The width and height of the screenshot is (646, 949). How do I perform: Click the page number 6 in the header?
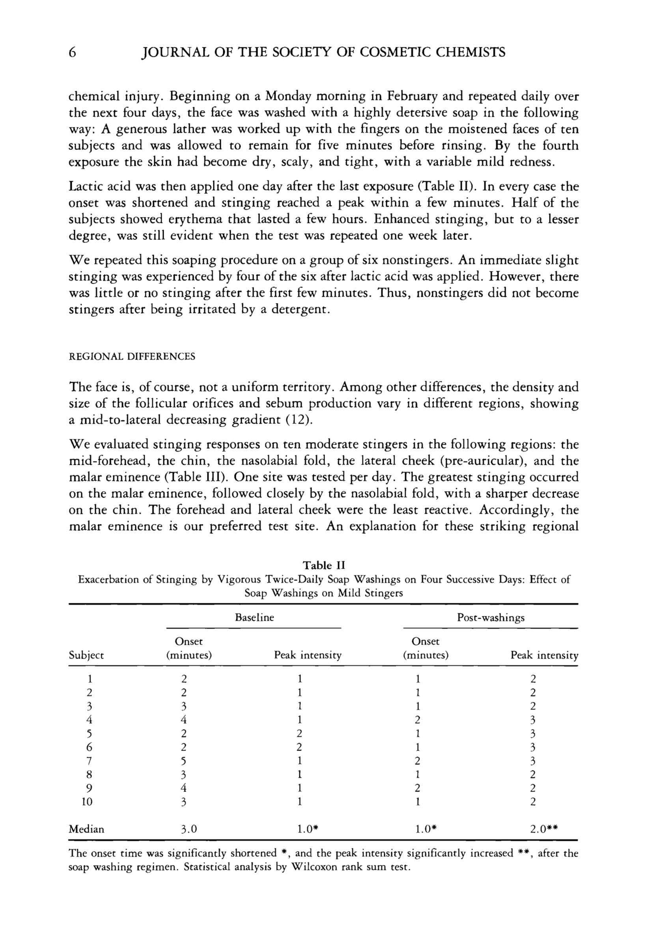(x=72, y=52)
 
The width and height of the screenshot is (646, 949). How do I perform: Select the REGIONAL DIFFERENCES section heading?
(x=132, y=356)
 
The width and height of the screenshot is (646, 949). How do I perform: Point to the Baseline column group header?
(x=254, y=618)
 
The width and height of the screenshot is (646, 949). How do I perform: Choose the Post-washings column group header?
(x=491, y=618)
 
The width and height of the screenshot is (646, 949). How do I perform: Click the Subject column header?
(x=86, y=655)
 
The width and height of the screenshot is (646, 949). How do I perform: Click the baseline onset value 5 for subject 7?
(x=184, y=761)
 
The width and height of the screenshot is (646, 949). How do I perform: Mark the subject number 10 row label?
(x=87, y=801)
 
